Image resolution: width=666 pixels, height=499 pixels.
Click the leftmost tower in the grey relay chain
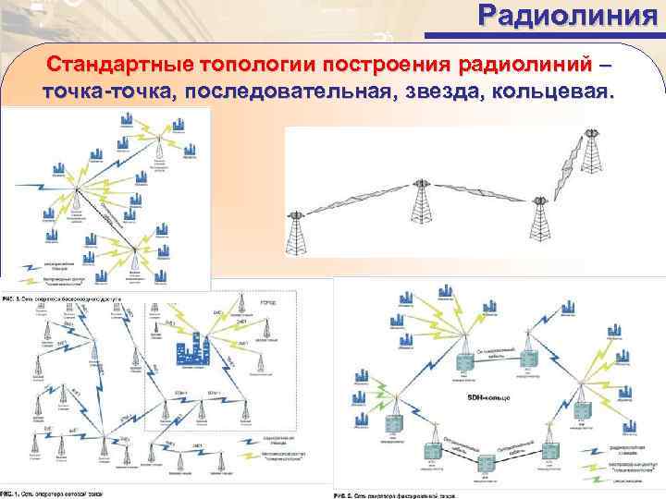tap(297, 231)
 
